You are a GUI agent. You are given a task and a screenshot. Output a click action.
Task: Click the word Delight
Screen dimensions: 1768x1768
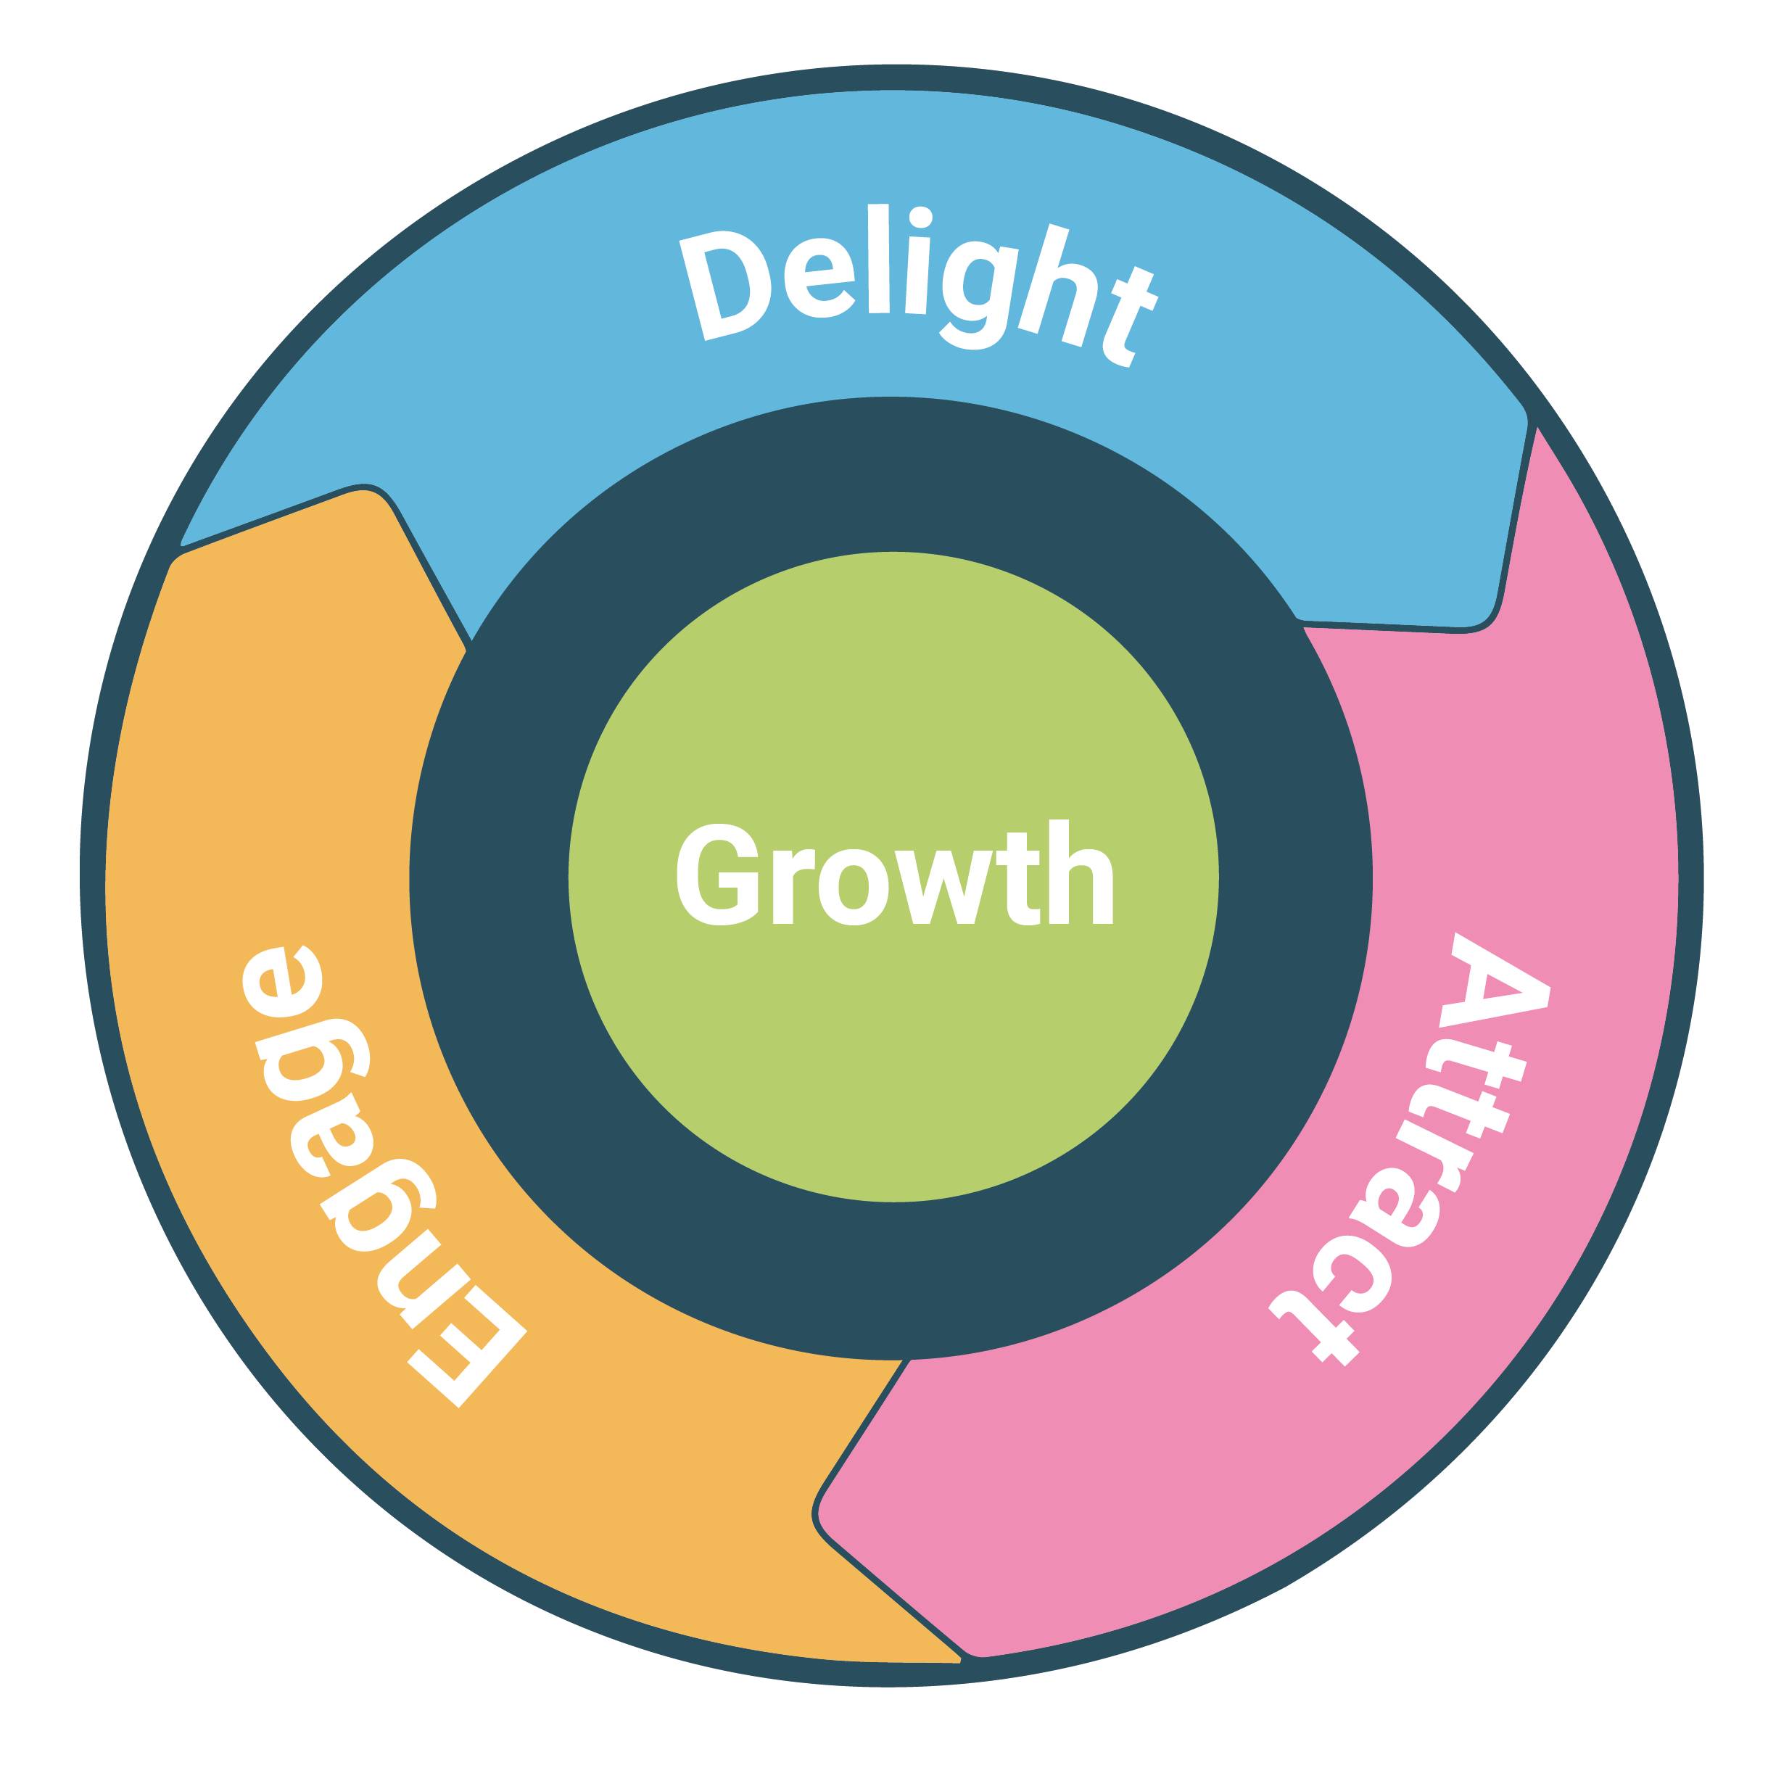915,284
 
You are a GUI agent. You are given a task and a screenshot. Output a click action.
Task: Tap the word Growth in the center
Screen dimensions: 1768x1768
894,874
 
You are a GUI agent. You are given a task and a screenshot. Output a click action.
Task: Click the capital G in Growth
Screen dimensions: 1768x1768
719,875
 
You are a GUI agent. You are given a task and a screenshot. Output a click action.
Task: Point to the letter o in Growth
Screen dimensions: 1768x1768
854,888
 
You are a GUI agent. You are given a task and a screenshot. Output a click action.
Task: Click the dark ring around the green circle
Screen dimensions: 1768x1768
494,878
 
